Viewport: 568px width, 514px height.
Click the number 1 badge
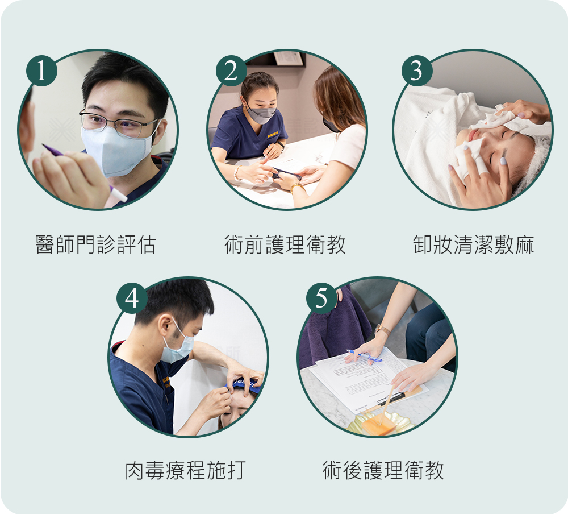[x=41, y=71]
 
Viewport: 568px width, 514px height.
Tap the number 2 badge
[x=231, y=71]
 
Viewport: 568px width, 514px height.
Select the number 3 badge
[x=417, y=71]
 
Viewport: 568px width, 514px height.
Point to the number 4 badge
[x=132, y=298]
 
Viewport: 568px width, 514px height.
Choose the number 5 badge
[x=321, y=298]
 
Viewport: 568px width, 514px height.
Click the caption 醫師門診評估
[x=95, y=244]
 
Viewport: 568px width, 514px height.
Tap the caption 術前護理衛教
[x=285, y=244]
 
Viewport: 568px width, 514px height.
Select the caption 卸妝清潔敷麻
[x=474, y=244]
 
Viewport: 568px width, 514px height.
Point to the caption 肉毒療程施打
[x=186, y=471]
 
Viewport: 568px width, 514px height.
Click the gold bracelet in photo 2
[x=295, y=186]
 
